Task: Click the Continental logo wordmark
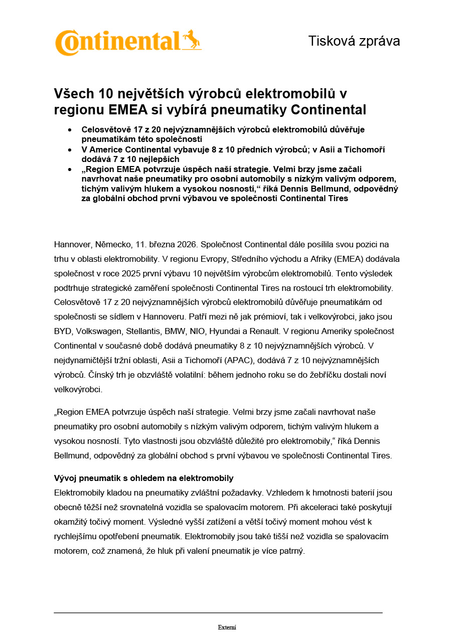pos(117,42)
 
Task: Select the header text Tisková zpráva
pos(354,41)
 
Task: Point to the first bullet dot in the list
pos(70,130)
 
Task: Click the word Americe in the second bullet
pos(107,149)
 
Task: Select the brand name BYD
pos(63,332)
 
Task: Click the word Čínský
pos(102,375)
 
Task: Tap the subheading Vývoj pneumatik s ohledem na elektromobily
pos(143,478)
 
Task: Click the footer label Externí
pos(227,627)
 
